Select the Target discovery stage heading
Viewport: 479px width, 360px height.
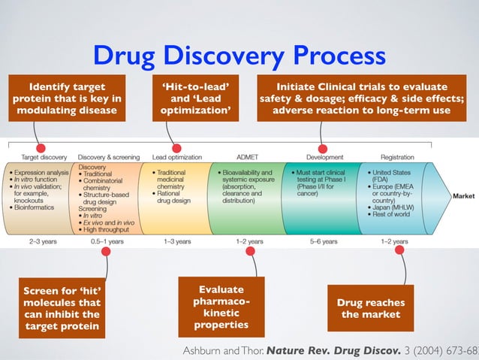(44, 157)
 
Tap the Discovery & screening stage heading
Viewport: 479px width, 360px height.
(109, 157)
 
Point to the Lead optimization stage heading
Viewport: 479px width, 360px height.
(176, 157)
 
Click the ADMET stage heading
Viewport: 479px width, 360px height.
(247, 157)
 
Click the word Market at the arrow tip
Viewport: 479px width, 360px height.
(462, 195)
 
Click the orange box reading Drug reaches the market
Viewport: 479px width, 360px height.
(372, 308)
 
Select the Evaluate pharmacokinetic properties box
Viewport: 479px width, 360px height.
(213, 307)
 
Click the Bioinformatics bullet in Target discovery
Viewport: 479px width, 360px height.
(37, 205)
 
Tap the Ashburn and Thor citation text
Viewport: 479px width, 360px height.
(331, 350)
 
